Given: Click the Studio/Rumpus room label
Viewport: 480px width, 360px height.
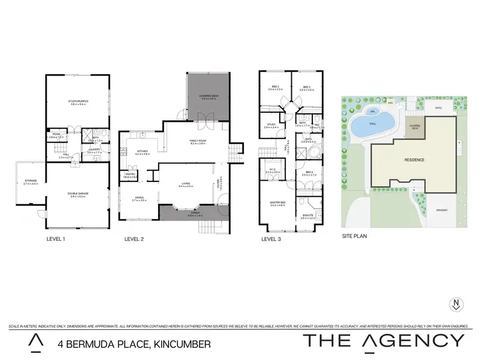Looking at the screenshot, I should point(77,101).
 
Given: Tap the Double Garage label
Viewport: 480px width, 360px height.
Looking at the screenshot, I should point(77,195).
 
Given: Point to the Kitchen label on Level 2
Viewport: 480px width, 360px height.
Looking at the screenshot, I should point(141,152).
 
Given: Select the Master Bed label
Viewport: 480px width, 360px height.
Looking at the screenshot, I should point(276,203).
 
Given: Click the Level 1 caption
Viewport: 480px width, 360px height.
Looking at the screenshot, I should point(56,238).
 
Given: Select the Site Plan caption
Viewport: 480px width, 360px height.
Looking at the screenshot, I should point(355,235).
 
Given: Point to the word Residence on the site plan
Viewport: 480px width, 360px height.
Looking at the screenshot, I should point(413,160).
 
